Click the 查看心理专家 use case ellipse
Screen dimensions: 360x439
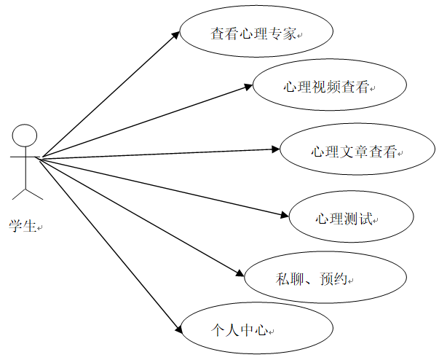pyautogui.click(x=256, y=34)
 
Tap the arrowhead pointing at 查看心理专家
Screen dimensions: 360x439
pyautogui.click(x=175, y=34)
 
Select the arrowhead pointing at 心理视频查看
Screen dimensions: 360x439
pyautogui.click(x=247, y=86)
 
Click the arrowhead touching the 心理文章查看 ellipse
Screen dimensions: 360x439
pyautogui.click(x=276, y=149)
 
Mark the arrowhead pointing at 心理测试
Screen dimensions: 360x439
pyautogui.click(x=285, y=214)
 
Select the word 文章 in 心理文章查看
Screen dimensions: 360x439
pyautogui.click(x=354, y=152)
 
